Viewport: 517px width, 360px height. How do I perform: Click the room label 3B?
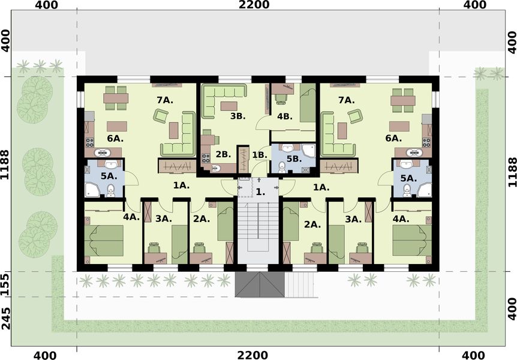click(x=238, y=116)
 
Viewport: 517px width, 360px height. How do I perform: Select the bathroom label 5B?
click(x=293, y=159)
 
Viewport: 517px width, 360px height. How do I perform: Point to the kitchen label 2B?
click(x=223, y=154)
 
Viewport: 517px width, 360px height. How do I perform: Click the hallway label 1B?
click(x=259, y=155)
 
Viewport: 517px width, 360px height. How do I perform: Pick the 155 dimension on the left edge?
click(x=5, y=283)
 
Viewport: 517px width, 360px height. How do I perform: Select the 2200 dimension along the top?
click(x=254, y=5)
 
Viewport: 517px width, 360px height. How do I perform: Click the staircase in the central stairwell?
click(x=257, y=231)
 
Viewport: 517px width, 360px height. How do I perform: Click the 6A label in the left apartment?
click(x=115, y=139)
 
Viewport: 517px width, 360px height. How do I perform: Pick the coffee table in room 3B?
click(x=228, y=106)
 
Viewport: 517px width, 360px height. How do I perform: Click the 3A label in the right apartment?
click(x=353, y=220)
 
